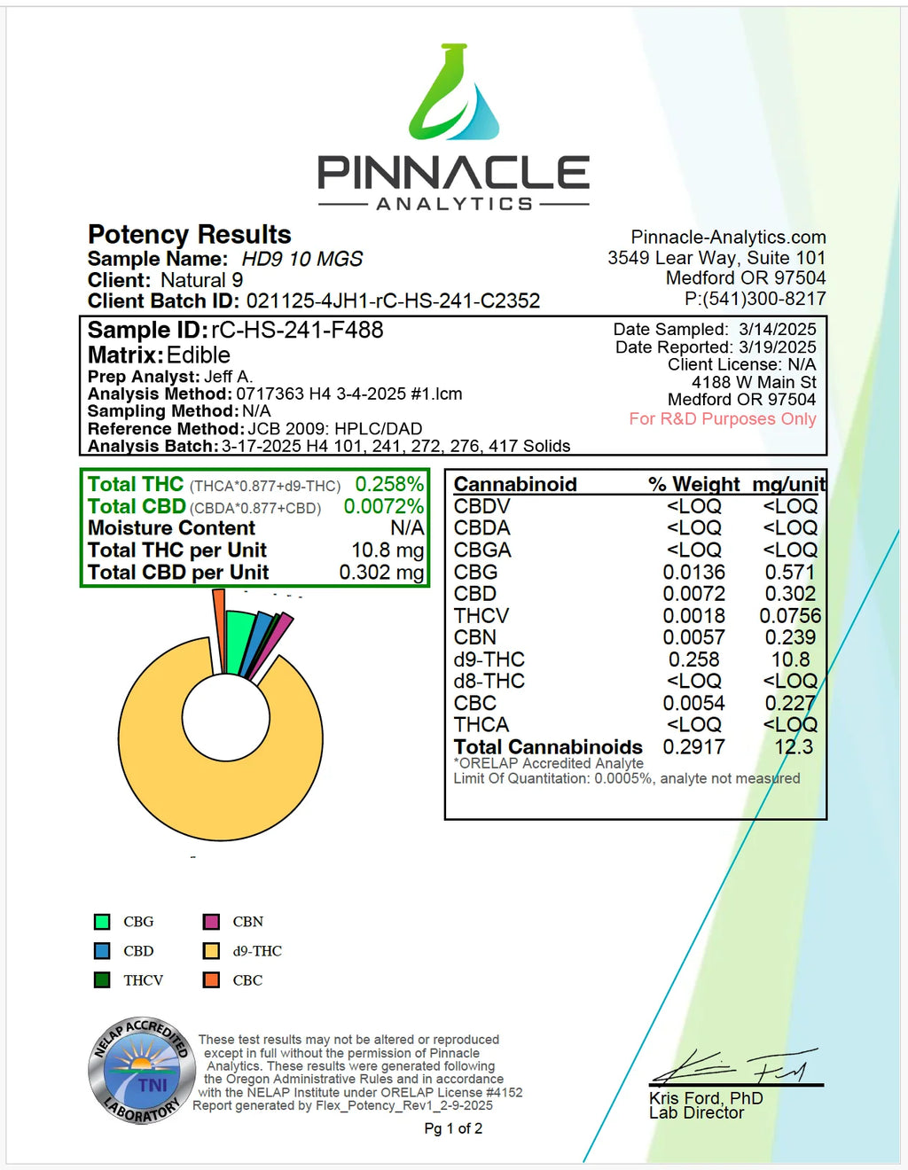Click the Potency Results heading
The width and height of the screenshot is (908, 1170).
[x=190, y=234]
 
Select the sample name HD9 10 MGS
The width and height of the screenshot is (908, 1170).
[x=302, y=259]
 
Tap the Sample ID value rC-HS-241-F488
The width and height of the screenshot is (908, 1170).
[x=297, y=330]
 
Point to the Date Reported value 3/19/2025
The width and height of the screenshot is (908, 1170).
[x=778, y=347]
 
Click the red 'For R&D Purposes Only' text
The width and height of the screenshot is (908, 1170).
[x=723, y=418]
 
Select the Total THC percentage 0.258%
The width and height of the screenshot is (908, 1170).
[x=389, y=484]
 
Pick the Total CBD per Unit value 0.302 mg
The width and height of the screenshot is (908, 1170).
[x=381, y=573]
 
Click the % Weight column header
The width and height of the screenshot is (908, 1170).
[x=693, y=484]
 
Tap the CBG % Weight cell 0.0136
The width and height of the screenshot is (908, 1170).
[x=694, y=572]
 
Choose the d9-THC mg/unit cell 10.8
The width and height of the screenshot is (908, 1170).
[x=790, y=659]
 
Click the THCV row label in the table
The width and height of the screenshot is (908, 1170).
[x=481, y=615]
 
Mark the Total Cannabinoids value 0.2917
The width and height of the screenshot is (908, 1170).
[x=694, y=747]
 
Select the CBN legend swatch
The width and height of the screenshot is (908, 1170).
[x=211, y=922]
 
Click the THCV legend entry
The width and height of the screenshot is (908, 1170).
[x=143, y=980]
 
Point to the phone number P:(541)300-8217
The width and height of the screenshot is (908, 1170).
[x=755, y=299]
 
